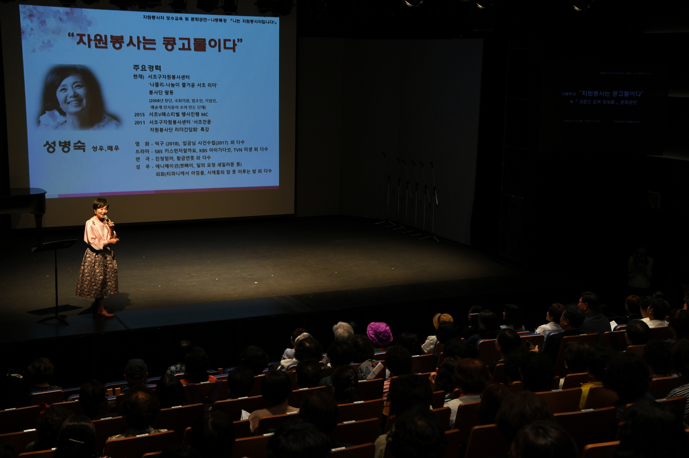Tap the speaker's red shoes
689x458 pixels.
click(104, 314)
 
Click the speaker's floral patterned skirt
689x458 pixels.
click(97, 273)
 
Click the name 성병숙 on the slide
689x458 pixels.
click(64, 147)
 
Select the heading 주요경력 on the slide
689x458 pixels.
click(147, 68)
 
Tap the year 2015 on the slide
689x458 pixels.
click(140, 115)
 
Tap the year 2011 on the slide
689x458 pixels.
click(140, 122)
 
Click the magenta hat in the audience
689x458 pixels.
click(379, 334)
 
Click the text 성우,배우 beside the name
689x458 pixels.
click(105, 149)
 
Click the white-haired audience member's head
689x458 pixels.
click(343, 331)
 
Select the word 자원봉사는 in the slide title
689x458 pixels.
click(116, 42)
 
